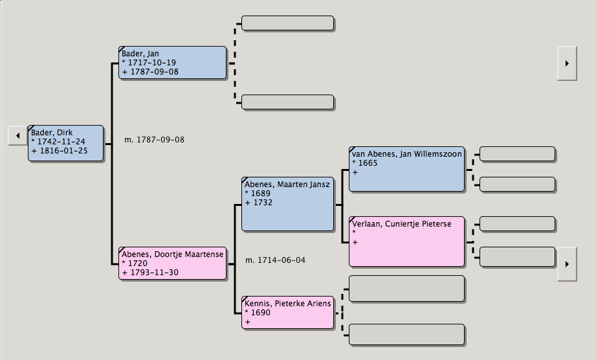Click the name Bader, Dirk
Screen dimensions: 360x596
52,133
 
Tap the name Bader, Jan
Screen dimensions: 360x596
140,54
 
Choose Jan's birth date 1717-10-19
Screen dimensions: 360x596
153,63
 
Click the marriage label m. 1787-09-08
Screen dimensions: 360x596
154,140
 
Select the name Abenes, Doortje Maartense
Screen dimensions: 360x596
172,254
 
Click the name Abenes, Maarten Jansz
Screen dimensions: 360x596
287,185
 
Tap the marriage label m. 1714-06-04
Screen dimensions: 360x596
275,260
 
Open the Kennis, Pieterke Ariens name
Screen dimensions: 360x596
288,304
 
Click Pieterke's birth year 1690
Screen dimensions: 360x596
261,313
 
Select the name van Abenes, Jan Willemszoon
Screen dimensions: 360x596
407,154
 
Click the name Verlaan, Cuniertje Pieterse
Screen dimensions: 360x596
402,224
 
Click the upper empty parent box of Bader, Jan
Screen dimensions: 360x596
287,23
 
